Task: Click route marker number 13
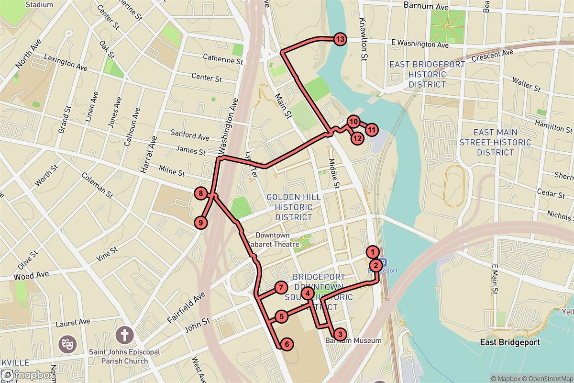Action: pyautogui.click(x=340, y=40)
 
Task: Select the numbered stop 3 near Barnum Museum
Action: pyautogui.click(x=339, y=334)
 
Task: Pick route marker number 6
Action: pyautogui.click(x=286, y=343)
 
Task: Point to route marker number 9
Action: pyautogui.click(x=201, y=223)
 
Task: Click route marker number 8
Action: pyautogui.click(x=201, y=194)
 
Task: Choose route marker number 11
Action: pyautogui.click(x=372, y=129)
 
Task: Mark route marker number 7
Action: pyautogui.click(x=281, y=288)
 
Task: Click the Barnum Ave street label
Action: pyautogui.click(x=426, y=6)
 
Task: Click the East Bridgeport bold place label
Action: pyautogui.click(x=510, y=342)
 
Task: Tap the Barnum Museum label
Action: pyautogui.click(x=353, y=340)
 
